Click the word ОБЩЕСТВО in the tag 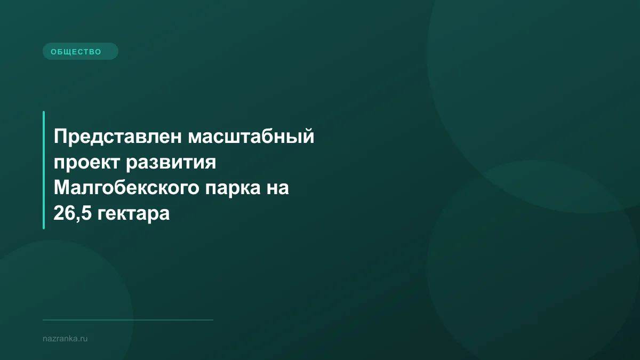point(76,52)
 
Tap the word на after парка point(277,188)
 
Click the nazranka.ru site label point(65,338)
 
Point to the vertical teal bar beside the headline point(44,170)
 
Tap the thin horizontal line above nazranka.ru point(128,320)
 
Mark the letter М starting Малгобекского point(61,188)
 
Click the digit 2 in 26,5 point(58,214)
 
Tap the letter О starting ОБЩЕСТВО point(53,52)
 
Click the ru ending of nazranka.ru point(84,339)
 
